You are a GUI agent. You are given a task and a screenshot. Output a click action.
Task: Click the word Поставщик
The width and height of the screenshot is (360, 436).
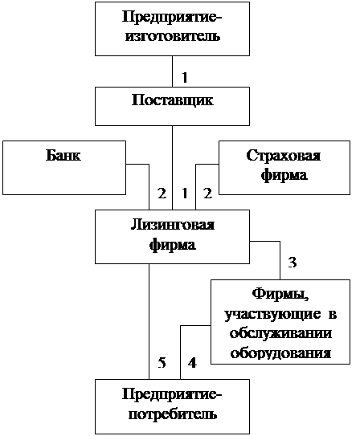(x=173, y=100)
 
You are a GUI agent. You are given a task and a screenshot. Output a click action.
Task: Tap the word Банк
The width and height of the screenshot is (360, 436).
(x=63, y=155)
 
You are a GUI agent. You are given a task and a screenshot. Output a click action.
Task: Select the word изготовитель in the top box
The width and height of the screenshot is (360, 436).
(x=173, y=36)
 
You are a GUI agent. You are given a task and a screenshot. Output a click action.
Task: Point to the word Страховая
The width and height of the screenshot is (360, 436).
(x=284, y=156)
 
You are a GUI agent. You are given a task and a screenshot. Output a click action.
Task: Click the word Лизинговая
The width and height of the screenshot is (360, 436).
(x=173, y=225)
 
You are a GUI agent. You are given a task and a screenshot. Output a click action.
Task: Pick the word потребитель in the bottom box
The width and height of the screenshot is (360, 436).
(x=173, y=414)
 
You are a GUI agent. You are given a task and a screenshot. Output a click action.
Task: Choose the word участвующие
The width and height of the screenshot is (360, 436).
(x=272, y=315)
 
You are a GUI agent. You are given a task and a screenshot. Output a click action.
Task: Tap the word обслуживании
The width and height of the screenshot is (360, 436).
(x=280, y=333)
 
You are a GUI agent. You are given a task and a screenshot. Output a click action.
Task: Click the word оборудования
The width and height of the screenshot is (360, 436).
(x=280, y=352)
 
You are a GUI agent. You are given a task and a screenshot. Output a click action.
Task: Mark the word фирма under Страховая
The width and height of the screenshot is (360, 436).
(x=284, y=176)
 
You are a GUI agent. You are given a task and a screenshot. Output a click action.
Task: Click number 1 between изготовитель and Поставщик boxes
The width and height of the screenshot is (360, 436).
(x=185, y=77)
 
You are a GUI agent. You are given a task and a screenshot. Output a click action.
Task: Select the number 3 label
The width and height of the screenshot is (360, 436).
(x=292, y=263)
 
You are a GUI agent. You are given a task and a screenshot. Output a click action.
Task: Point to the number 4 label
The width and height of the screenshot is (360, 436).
(x=192, y=363)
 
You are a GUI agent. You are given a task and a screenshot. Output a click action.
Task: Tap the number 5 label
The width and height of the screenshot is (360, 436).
(x=162, y=363)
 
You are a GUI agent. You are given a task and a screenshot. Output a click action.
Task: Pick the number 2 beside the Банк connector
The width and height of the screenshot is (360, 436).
(x=162, y=194)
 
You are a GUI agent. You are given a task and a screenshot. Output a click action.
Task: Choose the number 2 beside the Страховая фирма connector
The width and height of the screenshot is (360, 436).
(x=207, y=194)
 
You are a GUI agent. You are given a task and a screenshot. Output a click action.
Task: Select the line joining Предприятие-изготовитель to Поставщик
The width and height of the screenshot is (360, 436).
(x=172, y=71)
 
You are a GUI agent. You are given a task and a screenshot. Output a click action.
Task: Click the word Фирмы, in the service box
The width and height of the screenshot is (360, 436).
(x=280, y=295)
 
